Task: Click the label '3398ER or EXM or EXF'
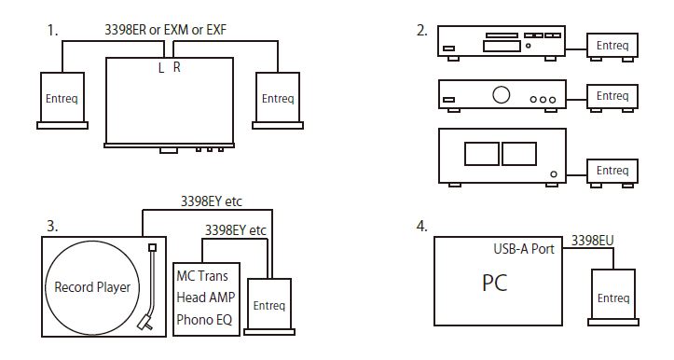[x=166, y=30]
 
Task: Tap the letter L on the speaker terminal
[x=161, y=68]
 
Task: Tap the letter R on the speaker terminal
[x=177, y=67]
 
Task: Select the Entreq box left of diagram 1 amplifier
[x=62, y=101]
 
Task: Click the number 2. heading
[x=421, y=31]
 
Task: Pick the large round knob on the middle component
[x=501, y=94]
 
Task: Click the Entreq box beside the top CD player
[x=612, y=47]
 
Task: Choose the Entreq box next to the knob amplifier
[x=612, y=97]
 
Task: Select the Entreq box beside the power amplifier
[x=612, y=173]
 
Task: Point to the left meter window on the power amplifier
[x=481, y=154]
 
